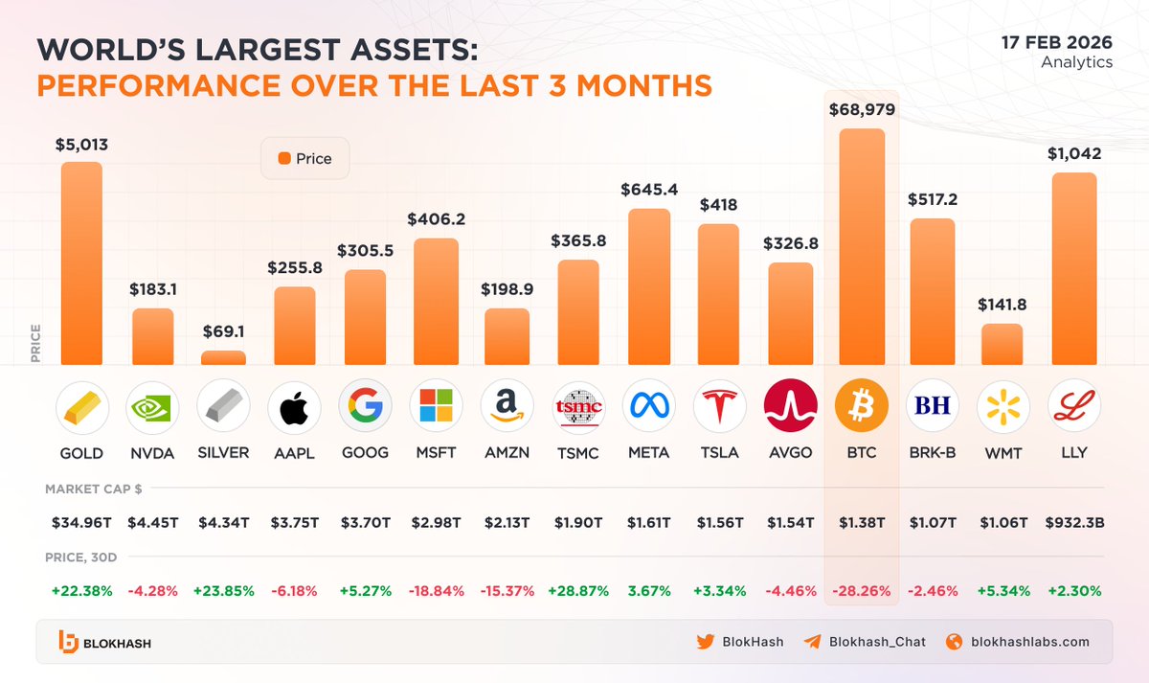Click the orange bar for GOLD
(x=81, y=263)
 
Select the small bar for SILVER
(x=223, y=357)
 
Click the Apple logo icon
(x=294, y=406)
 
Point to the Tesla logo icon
(x=719, y=406)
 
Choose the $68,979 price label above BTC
(x=862, y=109)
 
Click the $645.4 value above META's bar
(x=649, y=190)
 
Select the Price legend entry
(x=304, y=158)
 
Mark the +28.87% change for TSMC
(x=577, y=590)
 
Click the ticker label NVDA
(x=152, y=452)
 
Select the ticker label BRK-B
(x=932, y=452)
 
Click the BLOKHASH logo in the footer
(x=104, y=643)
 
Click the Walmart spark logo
(x=1003, y=406)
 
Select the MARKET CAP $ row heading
(x=94, y=489)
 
